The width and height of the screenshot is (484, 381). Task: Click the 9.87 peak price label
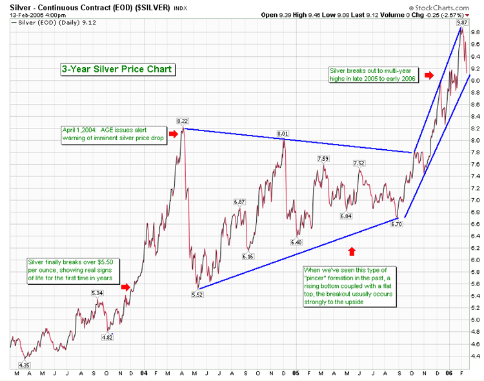pos(462,23)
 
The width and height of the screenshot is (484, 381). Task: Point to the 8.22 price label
pos(183,121)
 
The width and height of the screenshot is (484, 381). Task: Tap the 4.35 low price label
pos(24,366)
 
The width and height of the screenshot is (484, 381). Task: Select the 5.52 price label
pos(197,294)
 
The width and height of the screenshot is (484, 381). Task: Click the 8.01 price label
pos(283,134)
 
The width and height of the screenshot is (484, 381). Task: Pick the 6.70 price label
pos(396,223)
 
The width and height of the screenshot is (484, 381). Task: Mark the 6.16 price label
pos(248,256)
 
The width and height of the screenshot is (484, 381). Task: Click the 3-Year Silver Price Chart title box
pos(118,69)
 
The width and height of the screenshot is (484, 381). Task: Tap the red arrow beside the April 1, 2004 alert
pos(174,134)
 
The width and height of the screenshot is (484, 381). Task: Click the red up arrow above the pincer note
pos(352,251)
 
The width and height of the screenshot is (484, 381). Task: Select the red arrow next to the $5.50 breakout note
pos(126,287)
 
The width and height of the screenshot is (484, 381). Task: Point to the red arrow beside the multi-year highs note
pos(429,75)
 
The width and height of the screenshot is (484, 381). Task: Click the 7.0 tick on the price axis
pos(476,200)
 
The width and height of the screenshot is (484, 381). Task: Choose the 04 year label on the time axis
pos(144,373)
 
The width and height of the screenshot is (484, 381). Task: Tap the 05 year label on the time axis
pos(296,373)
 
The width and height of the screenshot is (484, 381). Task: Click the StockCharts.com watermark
pos(439,8)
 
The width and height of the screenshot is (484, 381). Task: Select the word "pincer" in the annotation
pos(316,278)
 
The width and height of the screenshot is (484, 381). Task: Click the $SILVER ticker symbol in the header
pos(152,7)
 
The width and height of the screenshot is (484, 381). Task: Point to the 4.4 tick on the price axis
pos(476,356)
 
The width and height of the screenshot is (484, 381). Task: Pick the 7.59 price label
pos(323,158)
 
